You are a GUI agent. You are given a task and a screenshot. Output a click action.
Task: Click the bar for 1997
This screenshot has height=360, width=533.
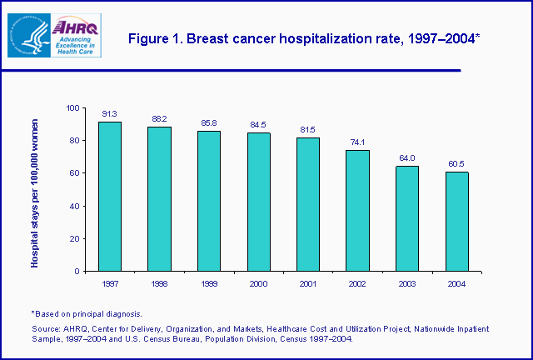[109, 197]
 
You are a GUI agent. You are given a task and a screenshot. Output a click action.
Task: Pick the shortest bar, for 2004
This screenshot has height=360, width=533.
[456, 222]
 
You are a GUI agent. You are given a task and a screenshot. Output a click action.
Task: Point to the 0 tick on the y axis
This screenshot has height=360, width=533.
[77, 271]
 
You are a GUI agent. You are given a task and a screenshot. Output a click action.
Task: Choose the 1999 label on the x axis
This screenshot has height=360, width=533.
[208, 283]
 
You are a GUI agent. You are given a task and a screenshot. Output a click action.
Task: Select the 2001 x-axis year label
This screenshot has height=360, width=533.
[307, 283]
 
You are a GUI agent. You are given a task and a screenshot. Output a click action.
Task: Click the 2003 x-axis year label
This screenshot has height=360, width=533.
[406, 283]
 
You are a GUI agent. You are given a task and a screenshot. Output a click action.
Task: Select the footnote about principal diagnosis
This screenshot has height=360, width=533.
[87, 313]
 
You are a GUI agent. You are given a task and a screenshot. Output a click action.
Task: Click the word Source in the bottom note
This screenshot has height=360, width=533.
[45, 328]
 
